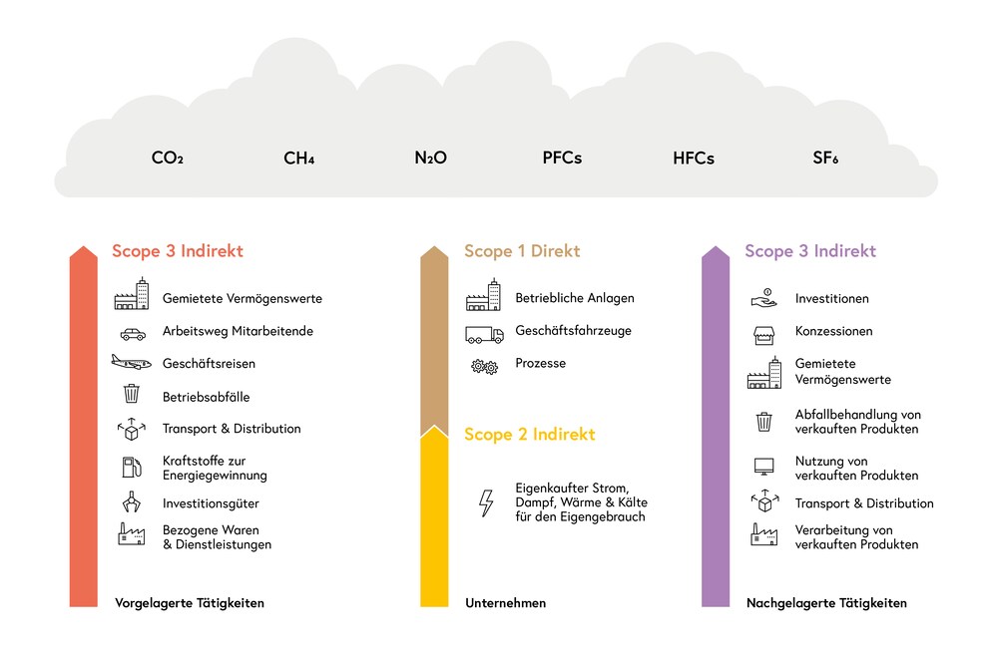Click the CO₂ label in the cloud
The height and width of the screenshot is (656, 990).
[x=168, y=158]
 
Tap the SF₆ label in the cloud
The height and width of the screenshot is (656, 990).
[x=825, y=158]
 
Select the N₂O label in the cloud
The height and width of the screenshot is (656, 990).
[x=430, y=158]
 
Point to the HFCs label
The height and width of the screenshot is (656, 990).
[x=694, y=158]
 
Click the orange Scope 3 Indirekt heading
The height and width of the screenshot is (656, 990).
[x=178, y=251]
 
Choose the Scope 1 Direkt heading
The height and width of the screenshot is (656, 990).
[x=522, y=251]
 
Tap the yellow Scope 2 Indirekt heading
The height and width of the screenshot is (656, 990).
[x=530, y=434]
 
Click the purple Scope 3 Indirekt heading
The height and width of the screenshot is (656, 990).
[x=810, y=251]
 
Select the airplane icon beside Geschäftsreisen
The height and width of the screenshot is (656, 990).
[x=132, y=362]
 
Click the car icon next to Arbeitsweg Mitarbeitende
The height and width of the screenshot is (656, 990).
[x=133, y=334]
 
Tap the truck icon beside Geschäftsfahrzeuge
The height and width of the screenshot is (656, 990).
[x=484, y=334]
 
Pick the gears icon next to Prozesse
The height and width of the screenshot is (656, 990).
[x=484, y=366]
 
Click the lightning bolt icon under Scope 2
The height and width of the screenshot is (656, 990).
[x=486, y=503]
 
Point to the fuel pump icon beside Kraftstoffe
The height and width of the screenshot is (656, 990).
[x=132, y=468]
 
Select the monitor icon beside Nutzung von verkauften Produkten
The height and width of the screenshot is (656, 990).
[x=764, y=467]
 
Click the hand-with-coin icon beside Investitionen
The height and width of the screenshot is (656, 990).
[x=764, y=298]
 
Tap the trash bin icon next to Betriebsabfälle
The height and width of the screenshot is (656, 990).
[x=132, y=394]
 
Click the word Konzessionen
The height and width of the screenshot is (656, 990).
[x=833, y=331]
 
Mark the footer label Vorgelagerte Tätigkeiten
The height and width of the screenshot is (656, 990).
[x=190, y=603]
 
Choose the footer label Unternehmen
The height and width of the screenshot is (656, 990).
[x=506, y=603]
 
